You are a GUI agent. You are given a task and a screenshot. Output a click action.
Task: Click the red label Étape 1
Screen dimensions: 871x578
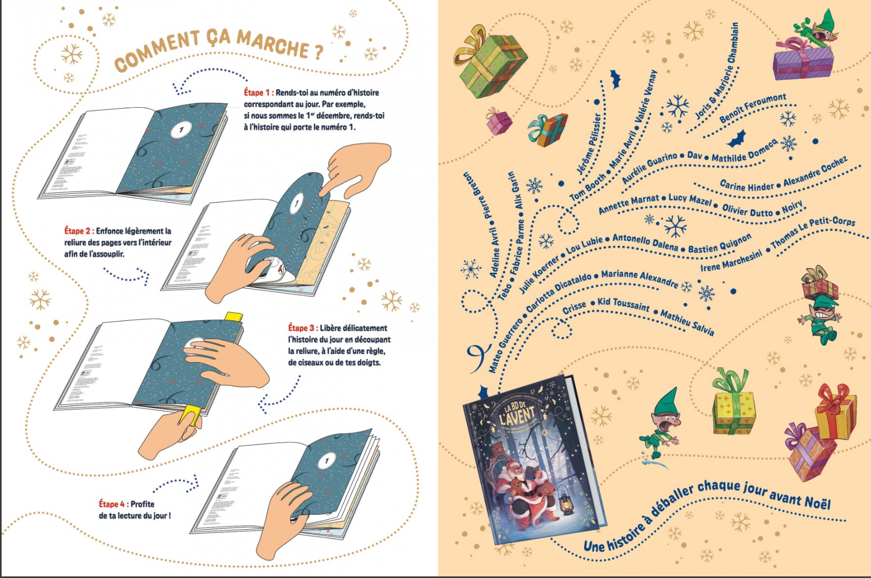(259, 93)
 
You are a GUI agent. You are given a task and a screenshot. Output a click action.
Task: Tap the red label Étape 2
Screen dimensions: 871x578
(79, 231)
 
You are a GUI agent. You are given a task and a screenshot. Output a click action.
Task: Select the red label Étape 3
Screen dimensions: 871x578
(303, 328)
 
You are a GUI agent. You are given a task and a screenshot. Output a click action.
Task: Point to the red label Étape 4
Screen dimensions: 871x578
(114, 504)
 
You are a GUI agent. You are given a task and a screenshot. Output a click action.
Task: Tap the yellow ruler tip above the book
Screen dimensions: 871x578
(234, 317)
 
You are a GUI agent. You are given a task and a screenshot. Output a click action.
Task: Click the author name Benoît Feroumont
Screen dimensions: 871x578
(753, 108)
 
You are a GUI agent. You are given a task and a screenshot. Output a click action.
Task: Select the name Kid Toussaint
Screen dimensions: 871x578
(624, 304)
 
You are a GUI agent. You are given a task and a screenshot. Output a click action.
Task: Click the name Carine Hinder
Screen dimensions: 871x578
(747, 185)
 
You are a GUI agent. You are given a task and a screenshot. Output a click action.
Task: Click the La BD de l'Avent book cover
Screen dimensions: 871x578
(535, 459)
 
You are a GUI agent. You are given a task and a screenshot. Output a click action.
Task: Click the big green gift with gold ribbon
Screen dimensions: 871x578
(491, 62)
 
